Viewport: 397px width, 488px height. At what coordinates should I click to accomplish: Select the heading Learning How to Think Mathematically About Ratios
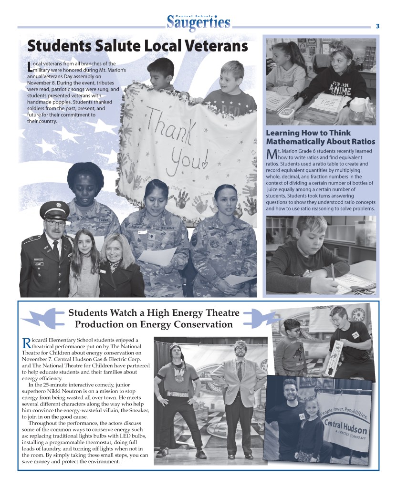320,137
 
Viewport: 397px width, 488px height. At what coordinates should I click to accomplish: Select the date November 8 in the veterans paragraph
42,83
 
